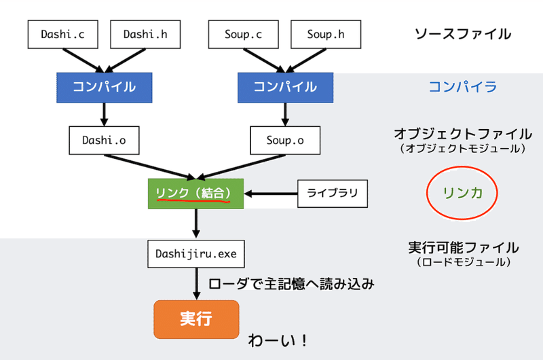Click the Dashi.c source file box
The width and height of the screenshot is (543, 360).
(62, 33)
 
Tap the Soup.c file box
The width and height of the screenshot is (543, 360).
(245, 33)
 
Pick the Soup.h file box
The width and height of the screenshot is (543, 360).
(326, 33)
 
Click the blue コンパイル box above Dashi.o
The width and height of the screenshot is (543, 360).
(102, 87)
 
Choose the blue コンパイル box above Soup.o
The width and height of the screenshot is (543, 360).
(285, 87)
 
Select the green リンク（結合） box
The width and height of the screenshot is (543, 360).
(195, 193)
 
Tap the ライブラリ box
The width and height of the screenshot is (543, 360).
(333, 194)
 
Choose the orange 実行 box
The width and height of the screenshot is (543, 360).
(195, 319)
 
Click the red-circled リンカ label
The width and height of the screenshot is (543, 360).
(462, 194)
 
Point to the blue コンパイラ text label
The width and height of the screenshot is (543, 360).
(462, 87)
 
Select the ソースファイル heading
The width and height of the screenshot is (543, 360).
(462, 33)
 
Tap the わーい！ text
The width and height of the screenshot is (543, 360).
(279, 339)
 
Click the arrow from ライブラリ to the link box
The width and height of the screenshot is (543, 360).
(271, 194)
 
